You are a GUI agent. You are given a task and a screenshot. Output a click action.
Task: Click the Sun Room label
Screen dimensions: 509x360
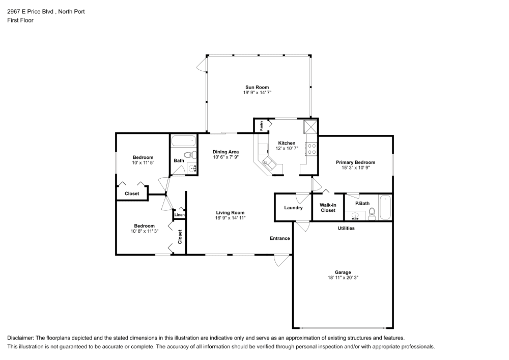point(257,87)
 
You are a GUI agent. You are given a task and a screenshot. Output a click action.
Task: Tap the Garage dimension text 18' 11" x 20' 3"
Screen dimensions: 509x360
point(343,278)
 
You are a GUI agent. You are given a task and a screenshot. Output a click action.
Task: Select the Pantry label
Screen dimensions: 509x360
point(262,126)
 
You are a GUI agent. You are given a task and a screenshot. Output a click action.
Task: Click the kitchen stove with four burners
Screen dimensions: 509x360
point(312,149)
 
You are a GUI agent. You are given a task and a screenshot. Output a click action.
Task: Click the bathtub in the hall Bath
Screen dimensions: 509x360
point(184,141)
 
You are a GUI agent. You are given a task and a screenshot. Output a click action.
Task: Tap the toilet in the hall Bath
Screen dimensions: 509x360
point(190,154)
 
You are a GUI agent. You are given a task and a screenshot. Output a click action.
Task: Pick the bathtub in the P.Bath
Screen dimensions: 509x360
point(385,207)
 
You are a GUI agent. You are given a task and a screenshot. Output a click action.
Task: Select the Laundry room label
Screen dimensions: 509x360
point(293,208)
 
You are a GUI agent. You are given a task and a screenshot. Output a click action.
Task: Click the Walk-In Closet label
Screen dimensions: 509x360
point(328,208)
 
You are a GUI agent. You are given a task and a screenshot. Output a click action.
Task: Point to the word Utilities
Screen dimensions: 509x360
point(346,228)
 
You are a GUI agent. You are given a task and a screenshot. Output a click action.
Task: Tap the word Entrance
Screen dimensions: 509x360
point(280,238)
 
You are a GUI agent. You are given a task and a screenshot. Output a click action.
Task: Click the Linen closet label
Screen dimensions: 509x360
point(180,214)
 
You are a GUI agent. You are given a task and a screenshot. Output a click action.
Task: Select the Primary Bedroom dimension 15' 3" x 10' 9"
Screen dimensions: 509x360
point(355,168)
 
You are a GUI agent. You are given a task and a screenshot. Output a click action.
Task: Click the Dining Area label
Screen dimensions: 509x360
point(225,152)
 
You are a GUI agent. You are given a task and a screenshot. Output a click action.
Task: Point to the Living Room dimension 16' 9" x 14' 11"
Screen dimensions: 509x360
point(230,218)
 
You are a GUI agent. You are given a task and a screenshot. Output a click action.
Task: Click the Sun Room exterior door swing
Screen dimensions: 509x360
point(201,64)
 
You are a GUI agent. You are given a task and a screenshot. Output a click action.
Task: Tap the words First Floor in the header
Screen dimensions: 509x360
point(20,20)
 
